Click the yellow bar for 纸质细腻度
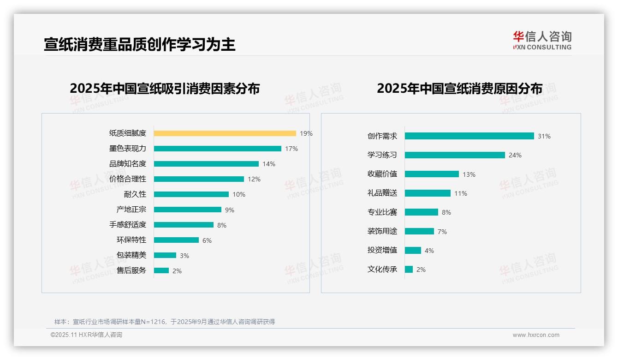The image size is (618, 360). [225, 133]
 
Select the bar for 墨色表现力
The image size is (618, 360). [217, 149]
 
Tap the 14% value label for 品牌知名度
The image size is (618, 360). [268, 164]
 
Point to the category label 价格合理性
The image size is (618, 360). [127, 179]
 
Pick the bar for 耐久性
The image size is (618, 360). [191, 194]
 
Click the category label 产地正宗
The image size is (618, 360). [131, 210]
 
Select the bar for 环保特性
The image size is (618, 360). [176, 240]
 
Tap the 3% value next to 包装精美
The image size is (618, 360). [184, 256]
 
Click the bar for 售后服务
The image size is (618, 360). [161, 270]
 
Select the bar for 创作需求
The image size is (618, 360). [469, 136]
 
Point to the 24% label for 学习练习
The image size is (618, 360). [515, 156]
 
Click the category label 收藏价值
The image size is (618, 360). [382, 174]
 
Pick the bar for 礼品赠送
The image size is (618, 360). [428, 193]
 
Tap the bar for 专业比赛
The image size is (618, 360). [421, 212]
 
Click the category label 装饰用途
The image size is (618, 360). [382, 231]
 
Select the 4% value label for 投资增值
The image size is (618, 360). [429, 251]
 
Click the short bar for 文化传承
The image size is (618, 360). [409, 270]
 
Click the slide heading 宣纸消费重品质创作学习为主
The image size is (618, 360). [139, 44]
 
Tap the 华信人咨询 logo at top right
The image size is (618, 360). [542, 40]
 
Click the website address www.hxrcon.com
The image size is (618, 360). [535, 335]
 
